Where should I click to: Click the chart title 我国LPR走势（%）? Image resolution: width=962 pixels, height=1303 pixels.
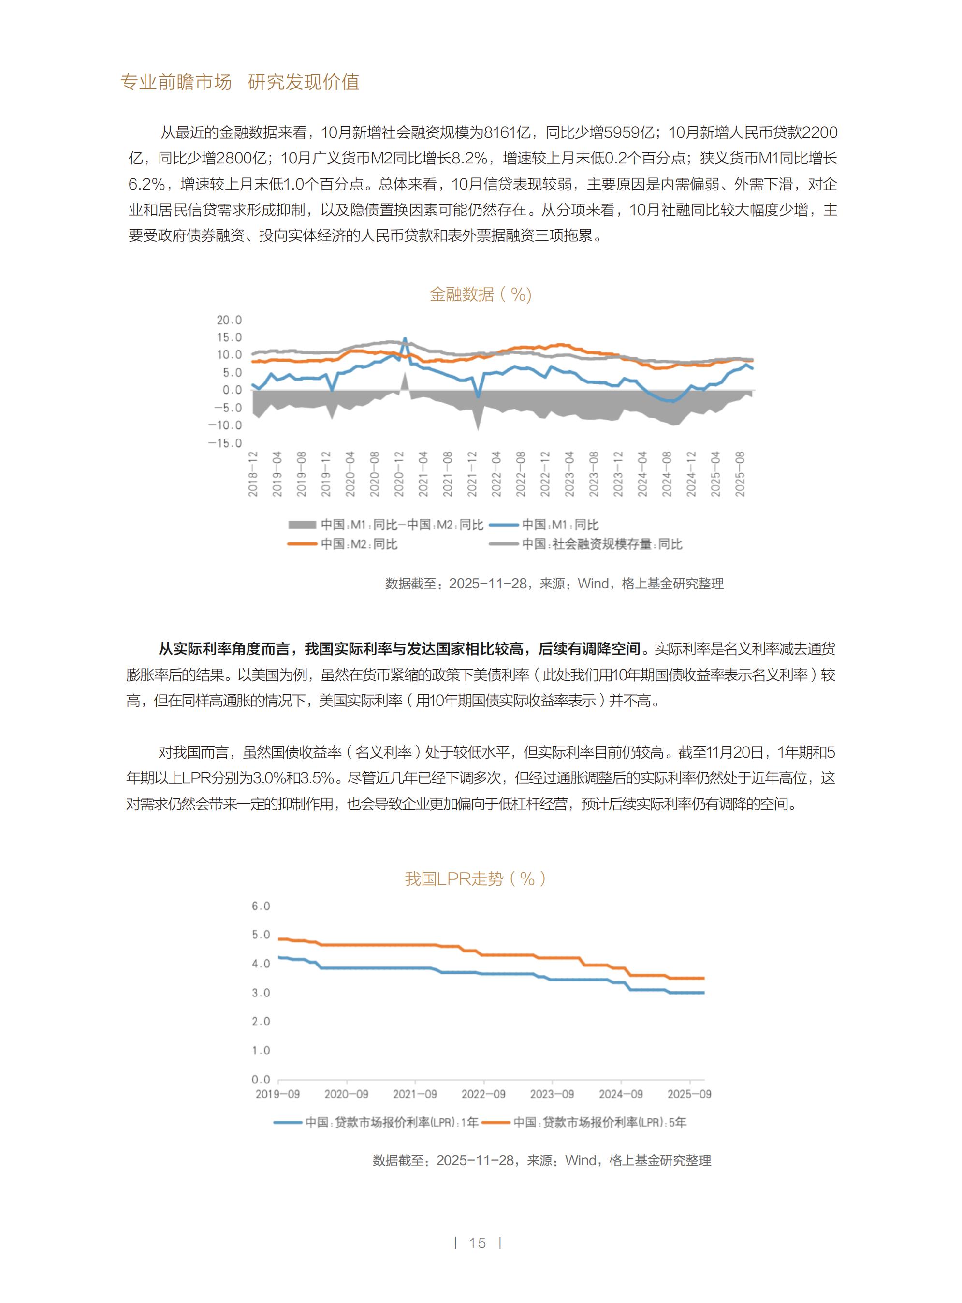coord(475,878)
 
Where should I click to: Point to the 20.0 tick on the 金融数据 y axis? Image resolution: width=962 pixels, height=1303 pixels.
coord(229,320)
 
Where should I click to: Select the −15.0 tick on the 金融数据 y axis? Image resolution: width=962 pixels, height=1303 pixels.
coord(225,443)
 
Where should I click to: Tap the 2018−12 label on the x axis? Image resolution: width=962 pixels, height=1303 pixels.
coord(253,473)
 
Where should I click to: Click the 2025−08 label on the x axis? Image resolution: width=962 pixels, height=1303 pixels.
coord(740,473)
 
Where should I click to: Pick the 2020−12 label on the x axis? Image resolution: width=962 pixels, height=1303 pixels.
coord(399,473)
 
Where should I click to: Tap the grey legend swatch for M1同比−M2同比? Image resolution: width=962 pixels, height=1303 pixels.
coord(302,525)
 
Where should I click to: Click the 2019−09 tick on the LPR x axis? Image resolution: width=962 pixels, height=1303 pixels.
coord(278,1094)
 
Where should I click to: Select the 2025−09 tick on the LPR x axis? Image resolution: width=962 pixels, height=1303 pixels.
coord(689,1094)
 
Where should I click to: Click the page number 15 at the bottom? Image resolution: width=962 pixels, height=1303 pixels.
coord(478,1243)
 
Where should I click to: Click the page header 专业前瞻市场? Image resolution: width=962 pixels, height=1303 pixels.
coord(176,82)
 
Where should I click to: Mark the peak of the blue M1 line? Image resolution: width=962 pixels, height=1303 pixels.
coord(405,338)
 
